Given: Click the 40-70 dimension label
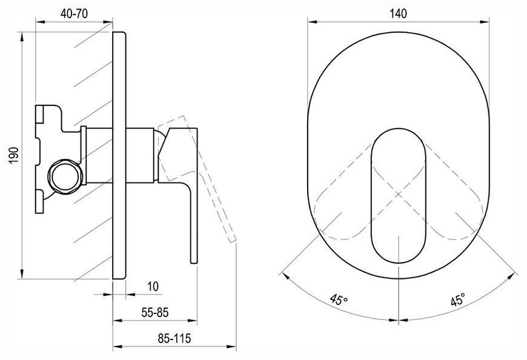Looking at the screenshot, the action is click(74, 13).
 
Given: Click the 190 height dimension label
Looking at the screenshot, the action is click(14, 155).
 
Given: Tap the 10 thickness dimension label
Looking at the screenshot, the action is click(153, 287).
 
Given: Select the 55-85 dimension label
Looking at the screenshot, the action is click(154, 313).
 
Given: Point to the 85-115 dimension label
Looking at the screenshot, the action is click(174, 338).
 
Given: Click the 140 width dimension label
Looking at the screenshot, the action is click(398, 13).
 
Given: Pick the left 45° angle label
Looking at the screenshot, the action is click(338, 299).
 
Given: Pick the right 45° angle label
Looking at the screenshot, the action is click(458, 299).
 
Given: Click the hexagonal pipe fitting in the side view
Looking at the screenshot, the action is click(65, 176).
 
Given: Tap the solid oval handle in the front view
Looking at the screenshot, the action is click(398, 196).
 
